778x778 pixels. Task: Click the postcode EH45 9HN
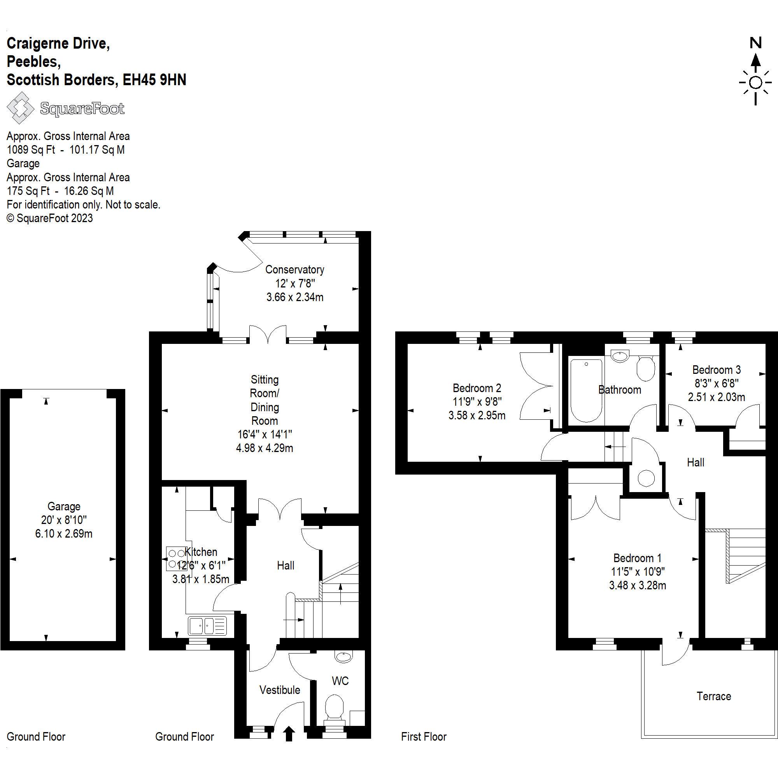(154, 80)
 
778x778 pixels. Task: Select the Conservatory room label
(294, 270)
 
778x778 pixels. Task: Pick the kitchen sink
(207, 626)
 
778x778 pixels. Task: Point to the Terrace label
(713, 696)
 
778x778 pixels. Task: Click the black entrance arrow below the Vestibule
(289, 734)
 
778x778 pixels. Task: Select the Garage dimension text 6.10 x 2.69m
(64, 534)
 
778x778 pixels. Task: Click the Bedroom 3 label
(717, 370)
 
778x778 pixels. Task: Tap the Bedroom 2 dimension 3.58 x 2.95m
(477, 415)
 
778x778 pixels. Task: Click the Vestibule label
(279, 690)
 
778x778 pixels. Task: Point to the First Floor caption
(424, 737)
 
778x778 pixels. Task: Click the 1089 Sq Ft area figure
(31, 150)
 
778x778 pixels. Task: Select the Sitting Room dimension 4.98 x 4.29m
(264, 448)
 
